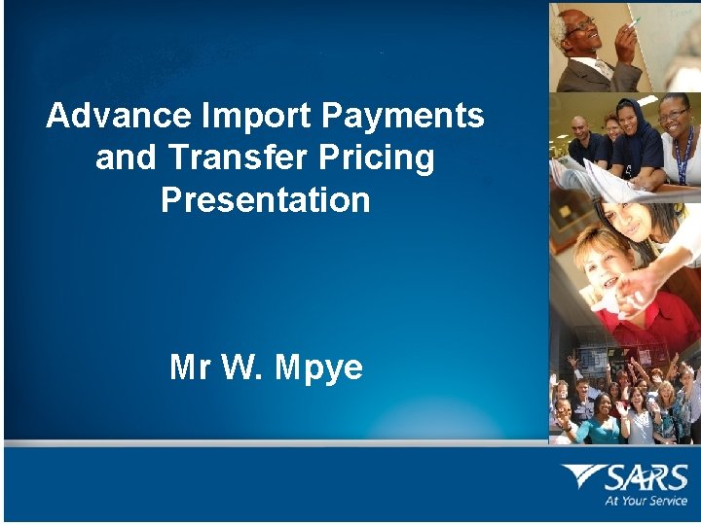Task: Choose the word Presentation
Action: (x=266, y=199)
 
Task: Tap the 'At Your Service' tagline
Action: (x=646, y=502)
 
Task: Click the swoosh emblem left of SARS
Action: (x=582, y=476)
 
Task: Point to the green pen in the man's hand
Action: (x=635, y=21)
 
